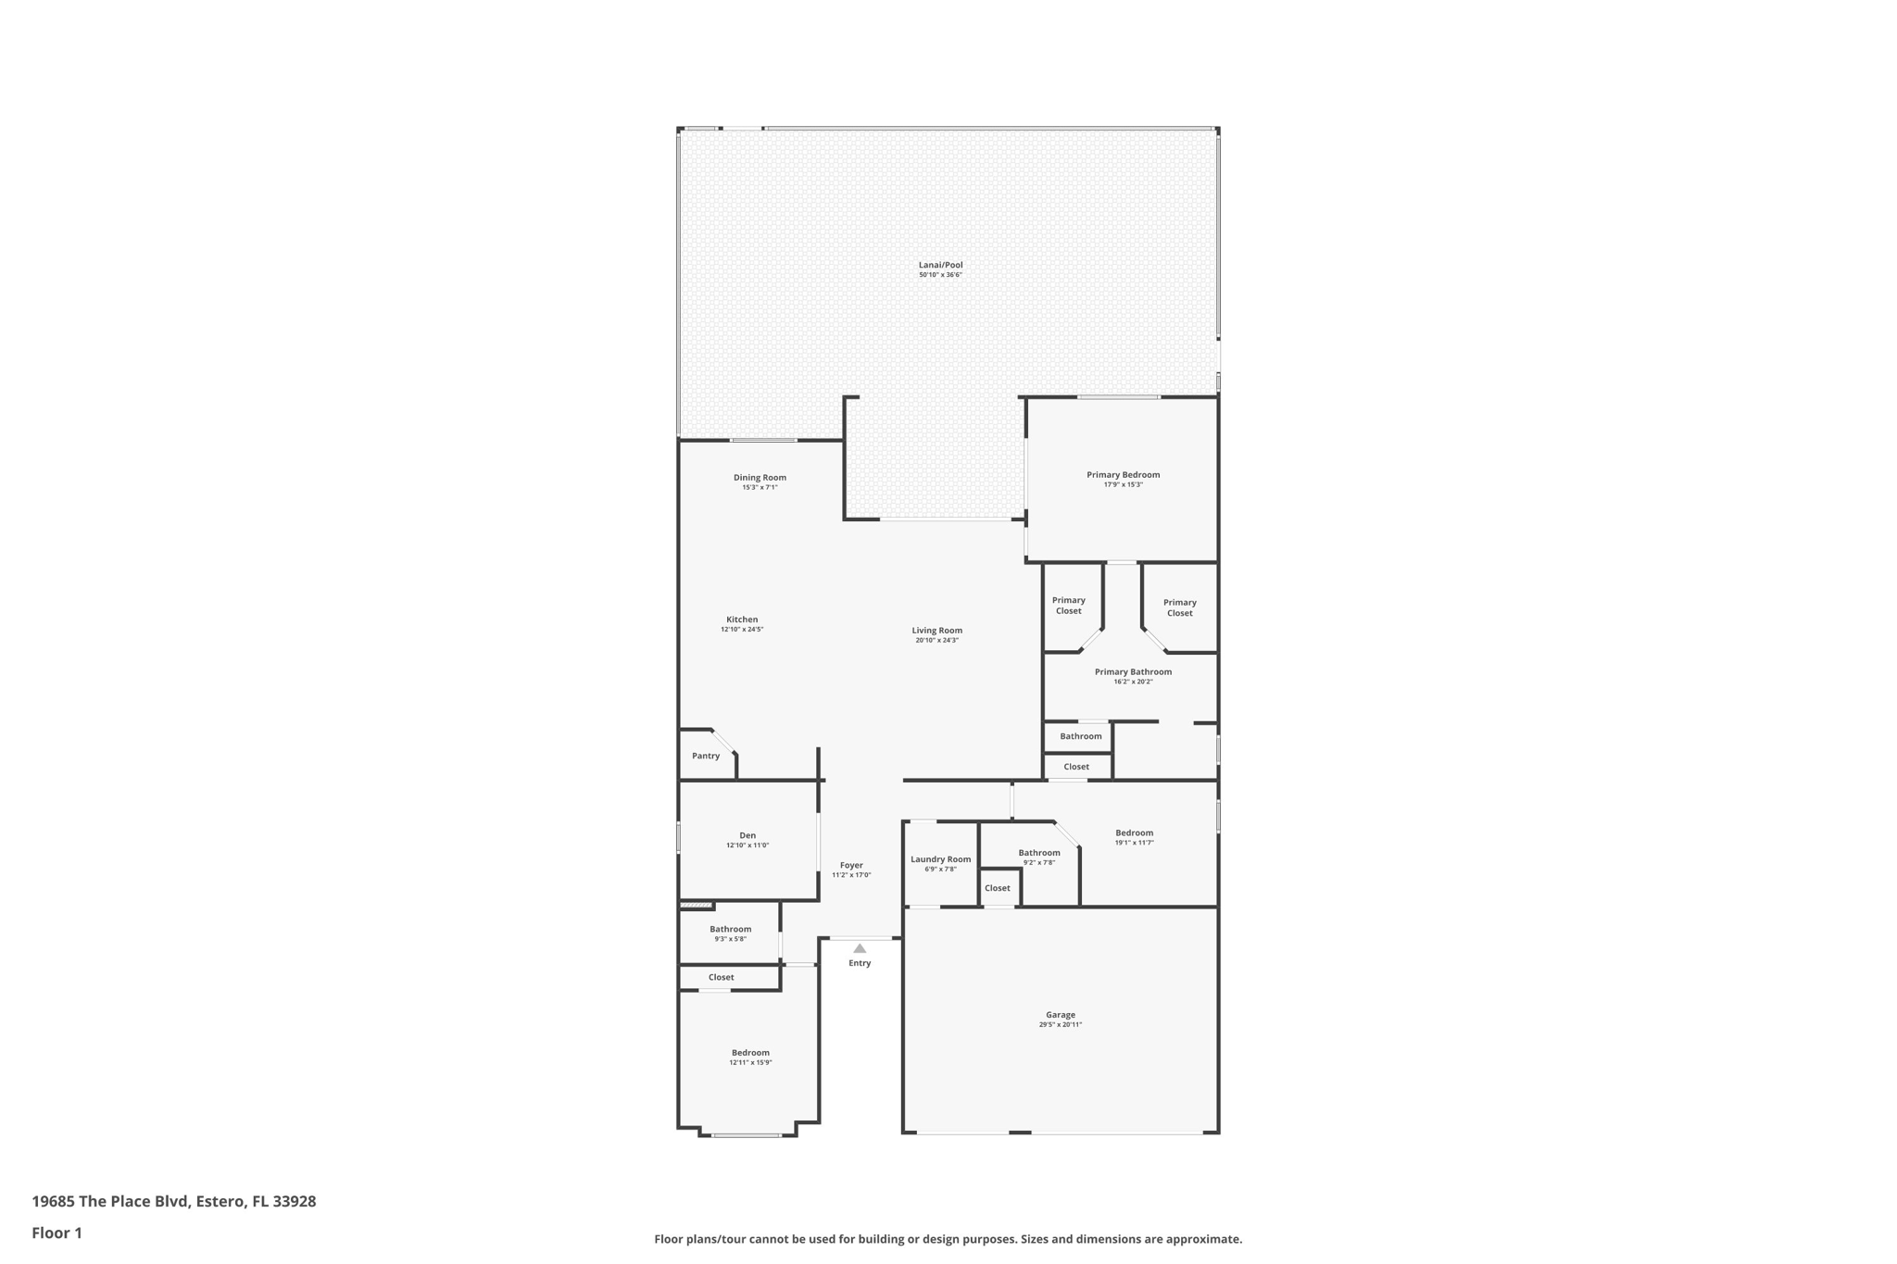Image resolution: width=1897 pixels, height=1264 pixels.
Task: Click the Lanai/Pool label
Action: coord(940,265)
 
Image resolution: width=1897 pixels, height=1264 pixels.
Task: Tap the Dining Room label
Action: coord(760,478)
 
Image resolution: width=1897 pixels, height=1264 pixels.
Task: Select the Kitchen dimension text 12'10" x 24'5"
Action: coord(742,630)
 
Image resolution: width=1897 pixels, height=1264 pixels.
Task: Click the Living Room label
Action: coord(936,631)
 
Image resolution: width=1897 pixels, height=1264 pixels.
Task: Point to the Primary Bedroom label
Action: coord(1123,475)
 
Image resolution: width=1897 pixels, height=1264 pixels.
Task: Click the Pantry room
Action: coord(706,756)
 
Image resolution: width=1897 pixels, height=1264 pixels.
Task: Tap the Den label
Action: coord(747,835)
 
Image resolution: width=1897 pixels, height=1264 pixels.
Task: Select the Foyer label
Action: coord(851,865)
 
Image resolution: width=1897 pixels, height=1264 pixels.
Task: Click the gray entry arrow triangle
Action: coord(860,948)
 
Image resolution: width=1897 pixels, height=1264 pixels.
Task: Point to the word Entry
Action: coord(860,963)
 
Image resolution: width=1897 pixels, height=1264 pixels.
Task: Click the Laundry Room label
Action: coord(940,859)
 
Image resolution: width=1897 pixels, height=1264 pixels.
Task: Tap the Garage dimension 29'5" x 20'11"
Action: coord(1060,1025)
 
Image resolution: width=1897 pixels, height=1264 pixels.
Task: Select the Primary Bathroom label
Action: coord(1133,672)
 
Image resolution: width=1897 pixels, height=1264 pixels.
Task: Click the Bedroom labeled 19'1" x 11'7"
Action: coord(1134,833)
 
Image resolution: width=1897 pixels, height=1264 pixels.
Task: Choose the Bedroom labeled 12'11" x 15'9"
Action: coord(750,1053)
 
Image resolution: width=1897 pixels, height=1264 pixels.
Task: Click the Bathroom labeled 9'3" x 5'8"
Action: coord(730,930)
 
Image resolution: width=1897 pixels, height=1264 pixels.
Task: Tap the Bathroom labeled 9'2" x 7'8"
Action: coord(1038,853)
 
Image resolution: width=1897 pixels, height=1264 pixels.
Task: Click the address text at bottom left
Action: coord(174,1201)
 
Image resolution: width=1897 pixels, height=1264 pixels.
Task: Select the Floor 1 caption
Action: coord(57,1233)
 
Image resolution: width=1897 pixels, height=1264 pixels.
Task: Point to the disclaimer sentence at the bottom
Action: coord(948,1239)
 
